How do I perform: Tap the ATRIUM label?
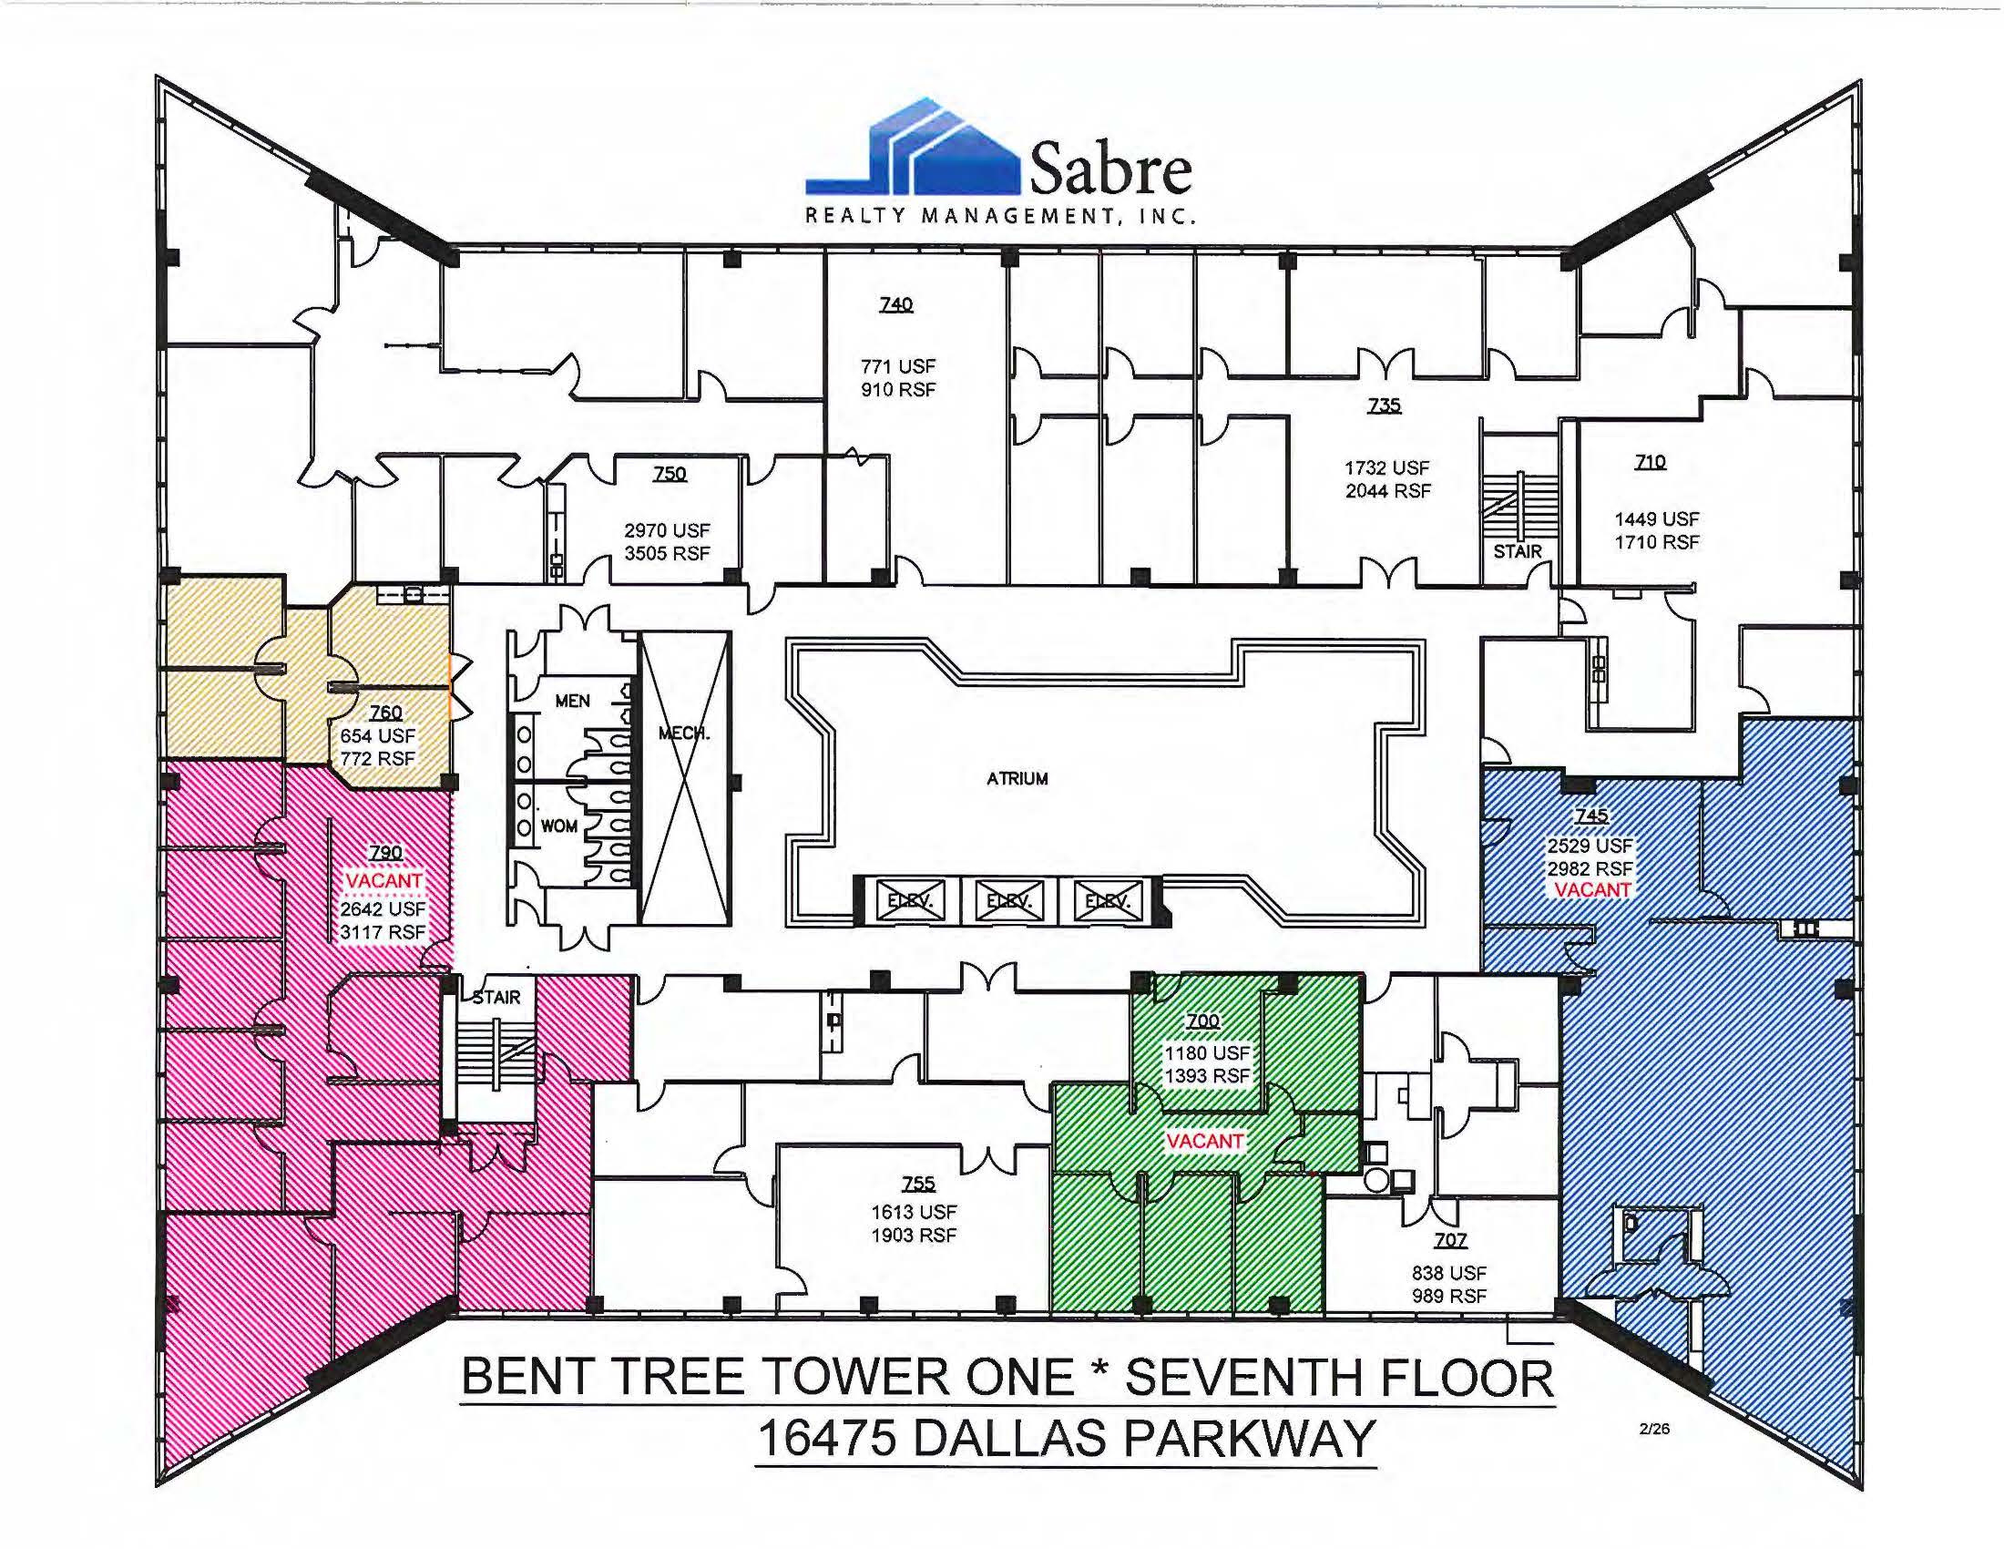1017,779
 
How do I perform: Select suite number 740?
896,303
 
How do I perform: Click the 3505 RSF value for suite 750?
667,553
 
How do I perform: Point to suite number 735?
1384,405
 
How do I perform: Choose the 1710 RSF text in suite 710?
1656,542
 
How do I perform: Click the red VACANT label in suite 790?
383,881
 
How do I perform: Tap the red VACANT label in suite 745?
1592,890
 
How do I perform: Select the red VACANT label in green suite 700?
1205,1141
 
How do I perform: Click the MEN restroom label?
572,701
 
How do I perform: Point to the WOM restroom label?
558,826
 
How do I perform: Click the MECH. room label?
684,733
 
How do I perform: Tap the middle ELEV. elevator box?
1008,901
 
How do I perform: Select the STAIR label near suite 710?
1518,551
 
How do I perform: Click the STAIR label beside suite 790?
496,997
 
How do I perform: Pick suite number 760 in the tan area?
385,713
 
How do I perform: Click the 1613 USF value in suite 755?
914,1212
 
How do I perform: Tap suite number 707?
1450,1240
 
